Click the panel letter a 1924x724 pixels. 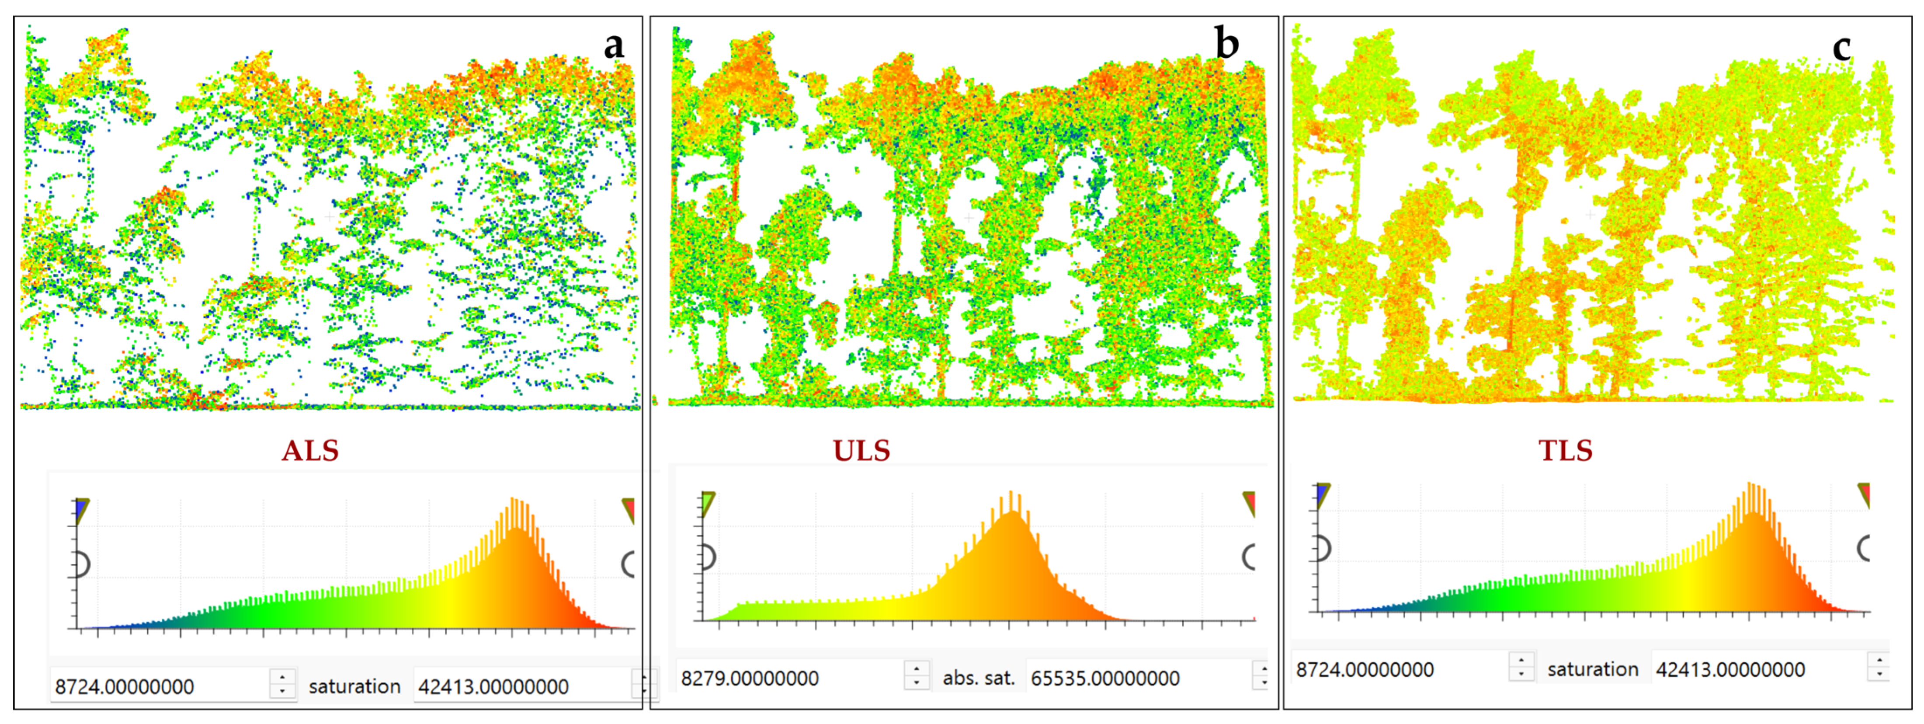[x=613, y=45]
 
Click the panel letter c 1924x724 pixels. [x=1842, y=48]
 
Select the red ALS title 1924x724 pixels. [x=310, y=451]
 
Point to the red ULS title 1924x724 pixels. [x=861, y=451]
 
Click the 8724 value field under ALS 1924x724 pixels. [x=160, y=686]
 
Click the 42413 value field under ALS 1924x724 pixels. [x=523, y=686]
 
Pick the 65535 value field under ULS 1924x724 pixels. [x=1135, y=678]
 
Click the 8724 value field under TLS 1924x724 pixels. [x=1400, y=669]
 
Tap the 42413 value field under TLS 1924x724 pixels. [x=1759, y=669]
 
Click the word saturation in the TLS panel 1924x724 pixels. [x=1592, y=669]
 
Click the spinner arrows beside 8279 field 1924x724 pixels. [x=917, y=675]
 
